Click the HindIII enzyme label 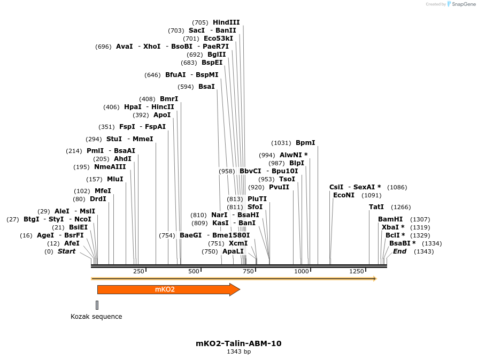coord(226,22)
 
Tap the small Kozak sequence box coord(97,305)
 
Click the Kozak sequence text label coord(96,317)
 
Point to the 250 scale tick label coord(138,271)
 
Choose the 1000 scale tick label coord(302,271)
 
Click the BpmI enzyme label coord(305,143)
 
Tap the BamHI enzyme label coord(390,219)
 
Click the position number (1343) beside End coord(423,251)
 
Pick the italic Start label coord(67,251)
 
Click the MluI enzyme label coord(115,179)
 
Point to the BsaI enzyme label coord(206,87)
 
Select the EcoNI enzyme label coord(344,195)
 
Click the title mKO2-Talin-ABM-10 coord(238,343)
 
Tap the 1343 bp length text coord(238,352)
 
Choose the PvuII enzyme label coord(279,187)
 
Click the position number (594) coord(186,87)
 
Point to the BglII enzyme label coord(217,55)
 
